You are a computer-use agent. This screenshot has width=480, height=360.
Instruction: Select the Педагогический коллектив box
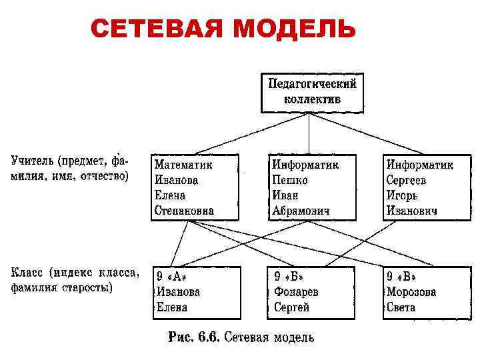pos(312,91)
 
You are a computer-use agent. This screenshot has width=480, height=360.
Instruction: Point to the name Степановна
pos(184,211)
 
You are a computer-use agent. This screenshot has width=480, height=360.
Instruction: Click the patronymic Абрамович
pos(301,211)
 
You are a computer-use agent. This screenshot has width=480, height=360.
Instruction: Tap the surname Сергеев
pos(406,180)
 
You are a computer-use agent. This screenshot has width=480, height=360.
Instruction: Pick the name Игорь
pos(403,195)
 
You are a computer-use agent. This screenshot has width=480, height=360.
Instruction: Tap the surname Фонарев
pos(296,292)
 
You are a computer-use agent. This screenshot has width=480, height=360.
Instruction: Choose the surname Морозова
pos(411,292)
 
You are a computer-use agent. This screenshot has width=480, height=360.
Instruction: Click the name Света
pos(401,307)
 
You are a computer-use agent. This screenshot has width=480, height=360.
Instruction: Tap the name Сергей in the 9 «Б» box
pos(291,307)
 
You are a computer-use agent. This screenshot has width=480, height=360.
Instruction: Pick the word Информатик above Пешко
pos(305,164)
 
